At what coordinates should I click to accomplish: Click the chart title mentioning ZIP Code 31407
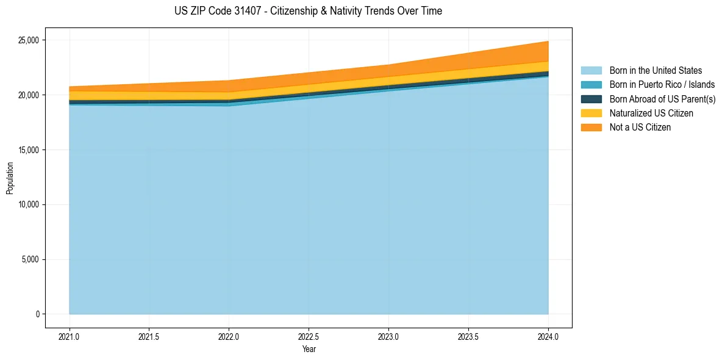pos(309,11)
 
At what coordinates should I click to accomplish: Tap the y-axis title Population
pos(9,178)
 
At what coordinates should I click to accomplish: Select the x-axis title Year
pos(309,350)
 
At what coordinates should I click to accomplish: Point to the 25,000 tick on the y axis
pos(28,40)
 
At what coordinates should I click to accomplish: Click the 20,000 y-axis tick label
pos(28,95)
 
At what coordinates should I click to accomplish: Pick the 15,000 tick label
pos(28,150)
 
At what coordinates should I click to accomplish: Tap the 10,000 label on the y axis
pos(28,204)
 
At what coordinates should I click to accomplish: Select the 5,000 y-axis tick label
pos(30,259)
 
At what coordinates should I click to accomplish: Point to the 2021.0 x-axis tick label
pos(70,337)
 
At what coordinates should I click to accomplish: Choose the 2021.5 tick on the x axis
pos(149,337)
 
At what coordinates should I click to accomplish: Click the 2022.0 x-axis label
pos(229,337)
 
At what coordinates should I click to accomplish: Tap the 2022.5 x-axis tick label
pos(309,337)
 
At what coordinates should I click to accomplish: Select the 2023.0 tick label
pos(388,337)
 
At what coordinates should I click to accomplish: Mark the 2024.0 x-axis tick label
pos(548,337)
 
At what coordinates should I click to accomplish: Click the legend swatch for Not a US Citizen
pos(591,128)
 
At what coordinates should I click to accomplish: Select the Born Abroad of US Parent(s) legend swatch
pos(591,99)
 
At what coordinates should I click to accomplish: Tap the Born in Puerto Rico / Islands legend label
pos(662,85)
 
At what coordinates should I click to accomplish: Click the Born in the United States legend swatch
pos(591,71)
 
